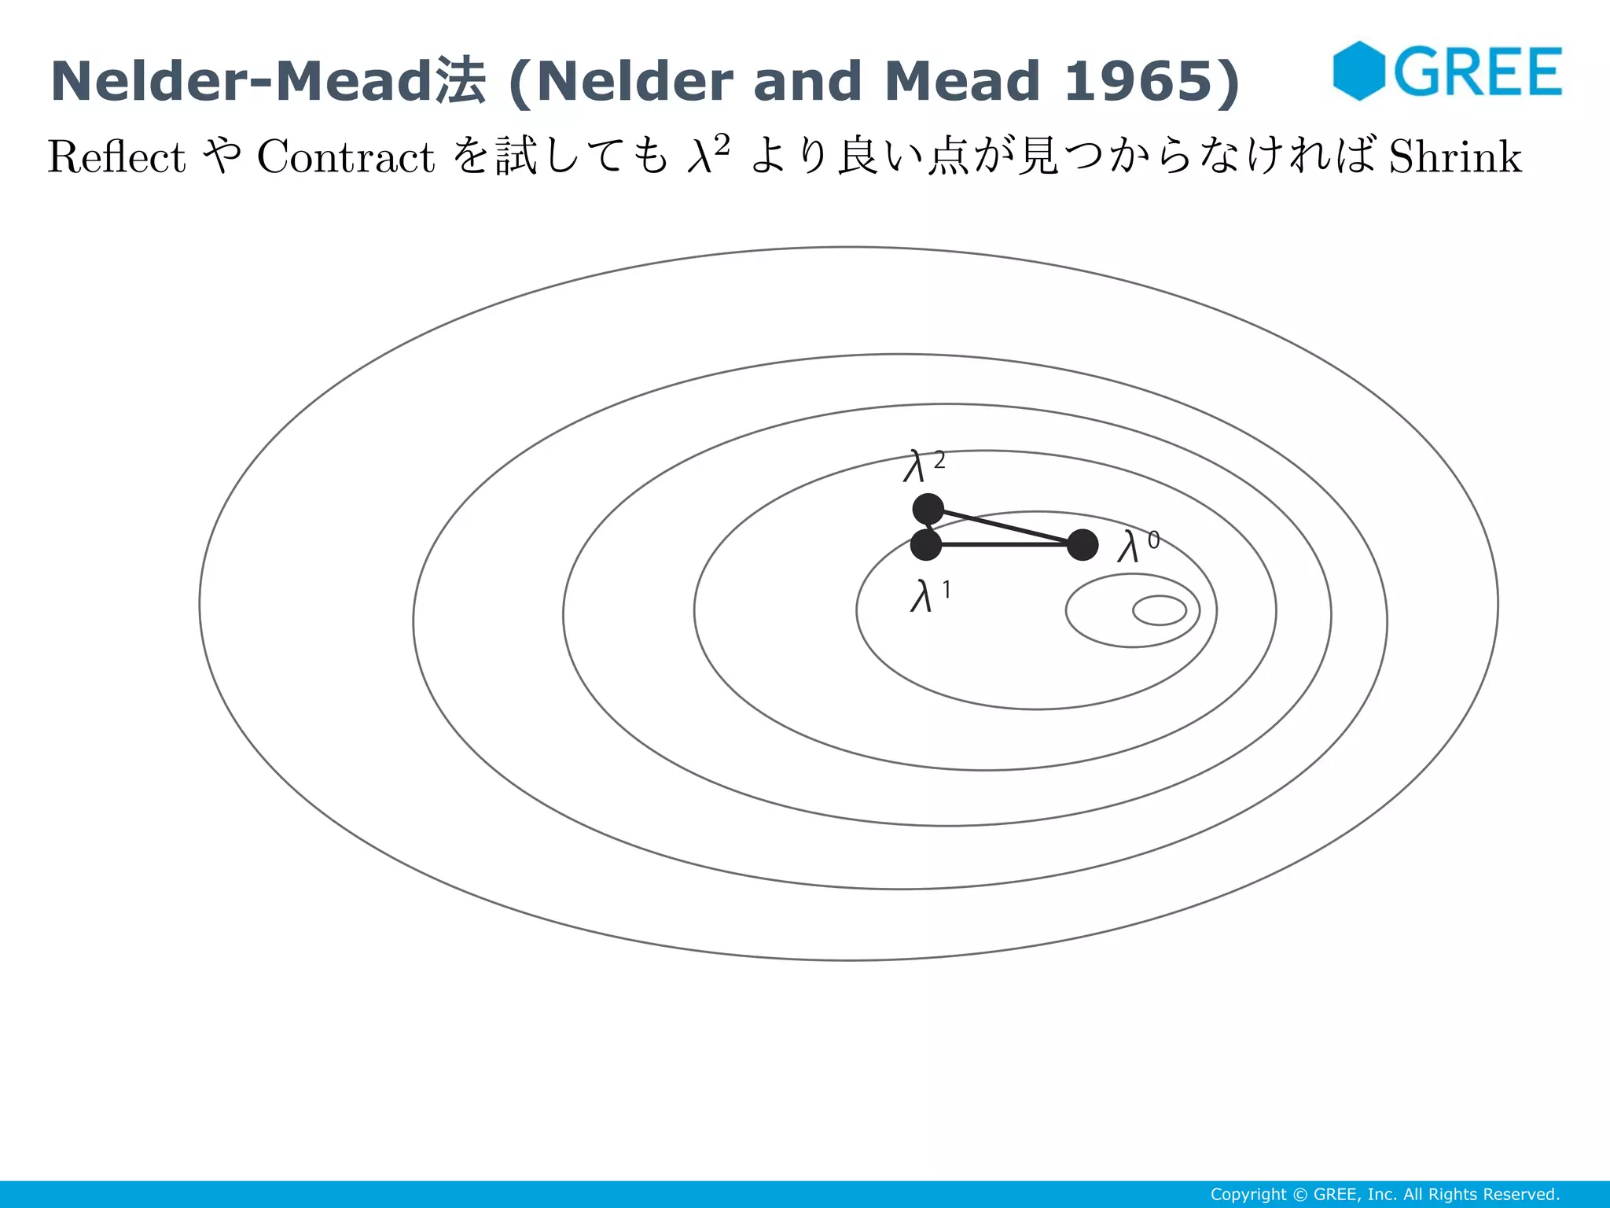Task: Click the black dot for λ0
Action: tap(1083, 544)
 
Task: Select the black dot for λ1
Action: tap(926, 544)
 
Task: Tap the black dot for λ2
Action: tap(928, 509)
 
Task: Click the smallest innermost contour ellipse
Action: tap(1160, 610)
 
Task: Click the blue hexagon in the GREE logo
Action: tap(1358, 71)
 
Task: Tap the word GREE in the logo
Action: tap(1478, 72)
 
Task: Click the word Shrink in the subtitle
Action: tap(1455, 157)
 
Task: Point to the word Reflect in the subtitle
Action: tap(116, 157)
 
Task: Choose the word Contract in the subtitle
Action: tap(346, 157)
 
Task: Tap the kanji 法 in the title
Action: tap(461, 81)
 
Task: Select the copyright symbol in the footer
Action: tap(1299, 1195)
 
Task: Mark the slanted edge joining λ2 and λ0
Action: tap(1005, 527)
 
